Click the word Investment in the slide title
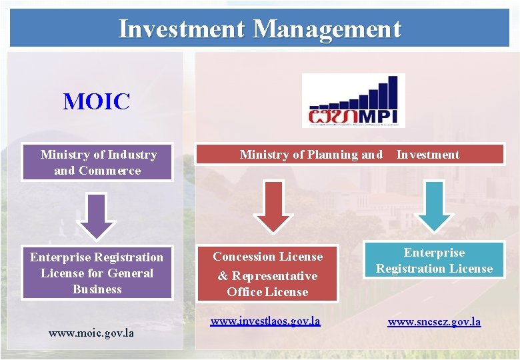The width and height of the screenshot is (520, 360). pos(182,29)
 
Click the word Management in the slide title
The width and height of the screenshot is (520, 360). pos(327,29)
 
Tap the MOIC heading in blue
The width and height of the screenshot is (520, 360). pos(97,102)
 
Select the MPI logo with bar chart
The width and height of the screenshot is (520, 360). pos(353,101)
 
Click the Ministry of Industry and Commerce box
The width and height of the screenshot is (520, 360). pos(97,163)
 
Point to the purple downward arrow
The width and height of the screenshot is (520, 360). pos(97,215)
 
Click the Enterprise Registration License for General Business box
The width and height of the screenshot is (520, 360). pos(97,273)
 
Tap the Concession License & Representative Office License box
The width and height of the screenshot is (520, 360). pos(267,274)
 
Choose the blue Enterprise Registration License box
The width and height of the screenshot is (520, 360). pos(434,261)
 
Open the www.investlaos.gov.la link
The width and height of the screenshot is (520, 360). pos(265,321)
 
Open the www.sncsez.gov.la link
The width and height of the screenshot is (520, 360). pos(434,322)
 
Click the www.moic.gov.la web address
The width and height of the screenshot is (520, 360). pos(91,332)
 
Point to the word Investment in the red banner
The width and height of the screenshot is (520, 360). pos(428,155)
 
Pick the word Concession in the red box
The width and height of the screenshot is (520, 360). pos(243,257)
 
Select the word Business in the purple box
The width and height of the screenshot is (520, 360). pos(97,289)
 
